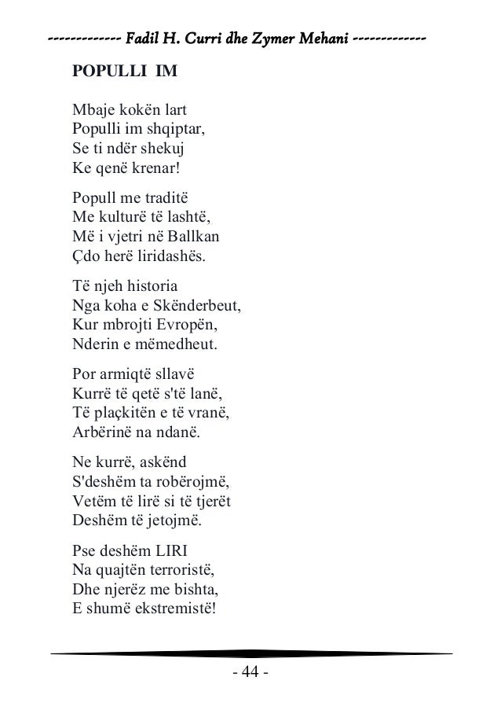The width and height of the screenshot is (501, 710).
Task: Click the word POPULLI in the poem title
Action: [x=107, y=72]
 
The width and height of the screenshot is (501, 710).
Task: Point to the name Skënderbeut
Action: [x=198, y=304]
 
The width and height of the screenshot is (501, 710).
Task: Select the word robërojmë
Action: [x=177, y=480]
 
